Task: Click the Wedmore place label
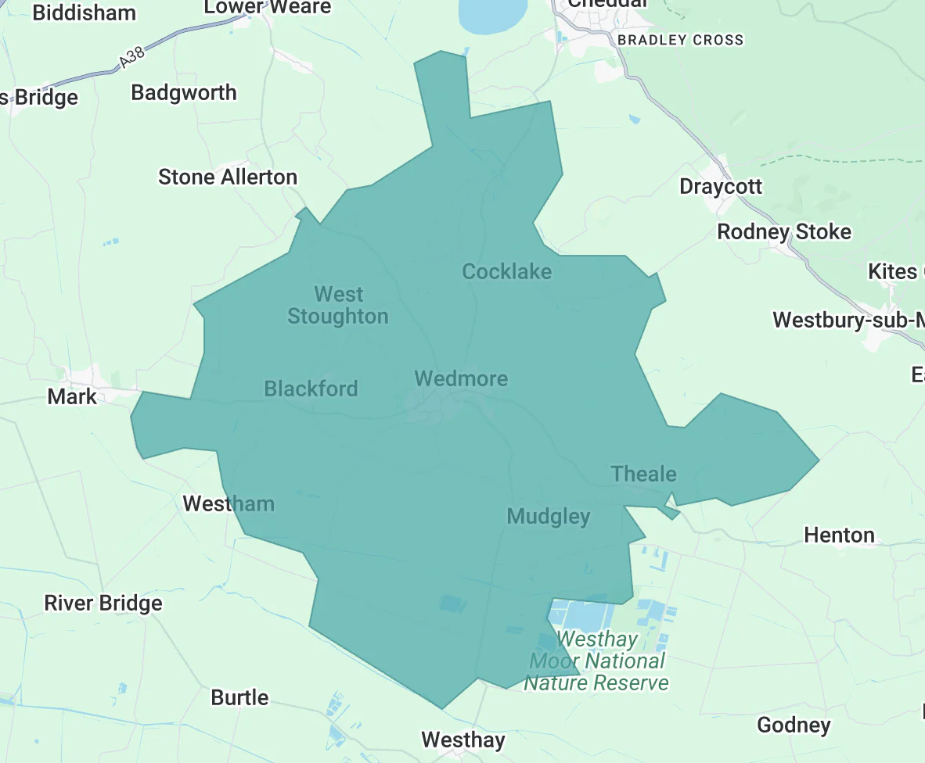tap(461, 379)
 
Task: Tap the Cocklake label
tap(506, 272)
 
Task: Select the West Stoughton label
tap(338, 306)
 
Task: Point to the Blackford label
tap(311, 389)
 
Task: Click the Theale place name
tap(643, 474)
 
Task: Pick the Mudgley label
tap(548, 516)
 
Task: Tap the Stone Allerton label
tap(228, 177)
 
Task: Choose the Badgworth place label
tap(184, 93)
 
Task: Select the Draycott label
tap(721, 187)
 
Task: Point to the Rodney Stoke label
tap(784, 232)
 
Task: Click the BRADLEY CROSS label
tap(680, 40)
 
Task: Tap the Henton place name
tap(839, 536)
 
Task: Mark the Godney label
tap(794, 725)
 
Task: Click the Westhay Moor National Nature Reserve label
tap(597, 661)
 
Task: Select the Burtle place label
tap(239, 697)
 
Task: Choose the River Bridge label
tap(103, 604)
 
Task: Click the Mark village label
tap(72, 396)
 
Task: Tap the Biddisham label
tap(85, 13)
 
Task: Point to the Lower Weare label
tap(268, 7)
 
